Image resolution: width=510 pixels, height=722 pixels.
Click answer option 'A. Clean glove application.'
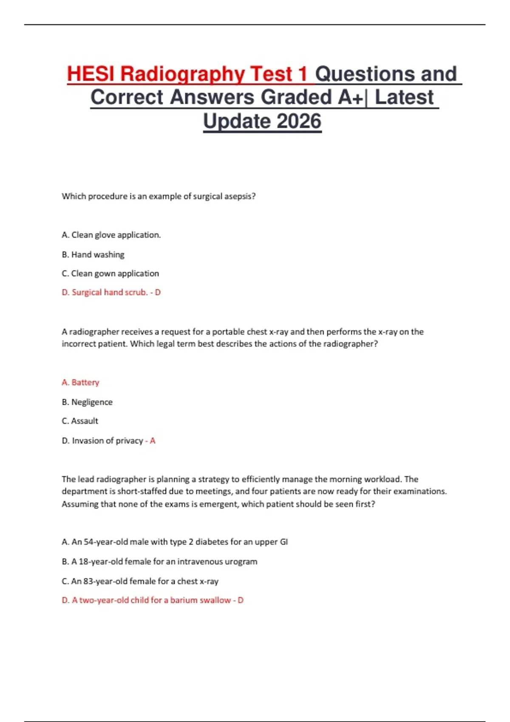click(111, 235)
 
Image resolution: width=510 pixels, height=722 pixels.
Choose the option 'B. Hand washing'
click(93, 254)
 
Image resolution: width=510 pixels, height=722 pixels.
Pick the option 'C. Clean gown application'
click(110, 274)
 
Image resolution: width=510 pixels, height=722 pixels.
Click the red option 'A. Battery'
click(80, 382)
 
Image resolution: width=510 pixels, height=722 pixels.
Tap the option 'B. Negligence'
click(87, 402)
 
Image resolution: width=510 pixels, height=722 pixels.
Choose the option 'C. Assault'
click(80, 421)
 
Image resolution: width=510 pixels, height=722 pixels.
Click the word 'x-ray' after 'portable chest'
click(279, 332)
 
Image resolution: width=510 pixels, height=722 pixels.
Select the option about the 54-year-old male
click(175, 542)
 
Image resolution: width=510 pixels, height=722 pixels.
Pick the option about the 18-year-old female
click(159, 561)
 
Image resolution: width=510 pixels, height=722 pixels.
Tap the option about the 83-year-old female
click(140, 581)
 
